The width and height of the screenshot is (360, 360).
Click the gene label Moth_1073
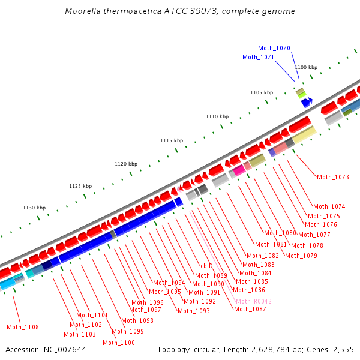pyautogui.click(x=333, y=177)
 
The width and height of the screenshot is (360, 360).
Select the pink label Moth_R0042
pyautogui.click(x=253, y=301)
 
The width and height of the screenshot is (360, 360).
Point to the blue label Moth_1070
pyautogui.click(x=274, y=48)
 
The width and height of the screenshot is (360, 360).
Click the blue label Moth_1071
pyautogui.click(x=258, y=57)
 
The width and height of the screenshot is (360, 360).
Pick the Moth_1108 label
pyautogui.click(x=23, y=327)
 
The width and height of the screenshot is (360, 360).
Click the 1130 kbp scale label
pyautogui.click(x=34, y=208)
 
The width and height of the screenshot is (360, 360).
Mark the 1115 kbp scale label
pyautogui.click(x=172, y=140)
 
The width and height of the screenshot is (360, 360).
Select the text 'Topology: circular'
pyautogui.click(x=187, y=349)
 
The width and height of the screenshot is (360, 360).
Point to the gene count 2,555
pyautogui.click(x=343, y=349)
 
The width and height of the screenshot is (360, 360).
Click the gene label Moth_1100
pyautogui.click(x=118, y=343)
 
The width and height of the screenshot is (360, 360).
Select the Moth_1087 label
pyautogui.click(x=250, y=309)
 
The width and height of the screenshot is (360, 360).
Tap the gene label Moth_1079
pyautogui.click(x=301, y=256)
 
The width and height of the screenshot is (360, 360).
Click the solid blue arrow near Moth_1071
pyautogui.click(x=307, y=103)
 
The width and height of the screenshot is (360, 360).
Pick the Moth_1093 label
pyautogui.click(x=194, y=311)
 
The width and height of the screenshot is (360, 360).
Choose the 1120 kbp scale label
pyautogui.click(x=126, y=164)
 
